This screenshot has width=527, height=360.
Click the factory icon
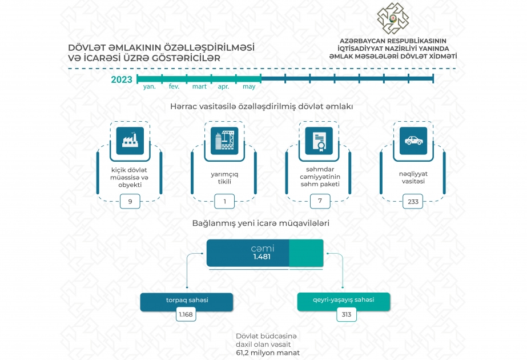coord(130,141)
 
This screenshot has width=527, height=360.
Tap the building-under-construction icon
coord(224,141)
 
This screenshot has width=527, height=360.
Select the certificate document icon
coord(319,141)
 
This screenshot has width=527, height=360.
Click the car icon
coord(413,141)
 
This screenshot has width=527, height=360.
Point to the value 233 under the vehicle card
coord(413,202)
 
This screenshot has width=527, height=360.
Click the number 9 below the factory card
coord(130,202)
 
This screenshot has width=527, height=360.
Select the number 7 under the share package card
coord(320,201)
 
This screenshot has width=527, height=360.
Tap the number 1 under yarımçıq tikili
coord(224,202)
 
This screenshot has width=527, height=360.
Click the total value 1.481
coord(262,257)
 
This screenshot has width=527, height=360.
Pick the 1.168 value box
coord(186,315)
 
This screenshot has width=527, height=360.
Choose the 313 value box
coord(347,315)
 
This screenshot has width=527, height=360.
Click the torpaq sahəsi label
coord(187,300)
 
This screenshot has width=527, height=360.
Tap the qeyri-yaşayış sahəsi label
coord(344,300)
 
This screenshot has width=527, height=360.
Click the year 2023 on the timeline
coord(122,79)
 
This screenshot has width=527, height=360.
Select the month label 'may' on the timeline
coord(249,86)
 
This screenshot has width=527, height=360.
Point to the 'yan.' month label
coord(149,86)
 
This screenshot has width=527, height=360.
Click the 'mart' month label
coord(199,86)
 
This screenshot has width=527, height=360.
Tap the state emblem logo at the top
coord(393,18)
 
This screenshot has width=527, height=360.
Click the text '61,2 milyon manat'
coord(268,353)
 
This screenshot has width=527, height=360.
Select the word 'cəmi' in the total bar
coord(263,249)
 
